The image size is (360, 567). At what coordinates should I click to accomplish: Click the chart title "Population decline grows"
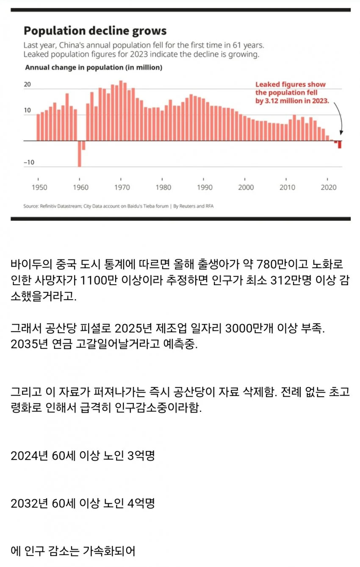coord(95,31)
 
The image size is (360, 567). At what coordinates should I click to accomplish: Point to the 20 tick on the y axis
coord(28,85)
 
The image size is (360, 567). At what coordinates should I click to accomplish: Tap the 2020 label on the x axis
coord(329,187)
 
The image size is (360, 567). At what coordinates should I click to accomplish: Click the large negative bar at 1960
coord(80,153)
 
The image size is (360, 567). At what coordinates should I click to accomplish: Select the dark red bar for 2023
coord(340,145)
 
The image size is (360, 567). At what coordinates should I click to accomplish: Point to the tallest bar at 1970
coord(121,110)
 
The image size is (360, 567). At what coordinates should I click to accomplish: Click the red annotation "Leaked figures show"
coord(291,85)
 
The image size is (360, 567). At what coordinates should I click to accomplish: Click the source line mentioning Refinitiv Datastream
coord(116,206)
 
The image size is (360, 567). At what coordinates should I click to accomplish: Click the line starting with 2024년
coord(83,456)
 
